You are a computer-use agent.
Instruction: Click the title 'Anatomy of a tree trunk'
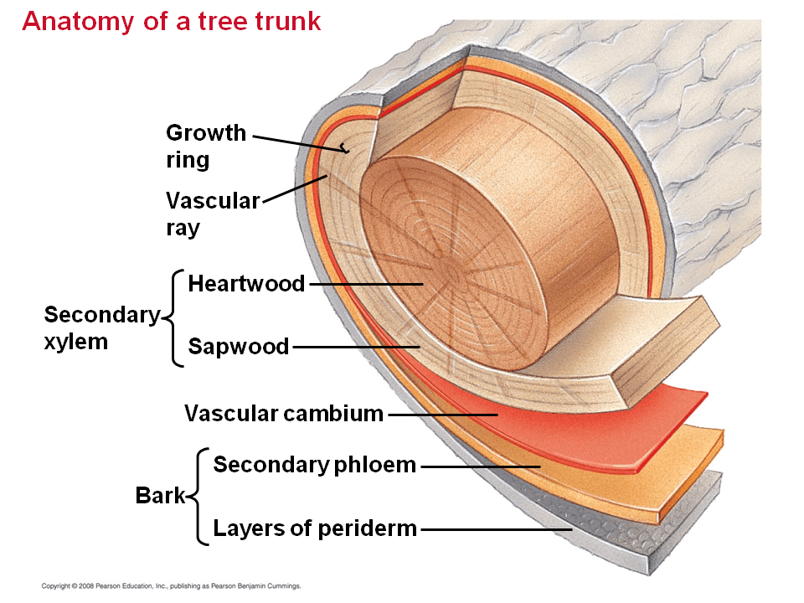click(x=172, y=21)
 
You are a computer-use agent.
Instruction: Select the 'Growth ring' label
click(x=206, y=146)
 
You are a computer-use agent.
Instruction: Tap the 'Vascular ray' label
click(x=213, y=214)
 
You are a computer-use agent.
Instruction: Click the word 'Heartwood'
click(x=246, y=284)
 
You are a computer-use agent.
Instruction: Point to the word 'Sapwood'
click(x=238, y=346)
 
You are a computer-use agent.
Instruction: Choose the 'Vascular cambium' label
click(x=283, y=414)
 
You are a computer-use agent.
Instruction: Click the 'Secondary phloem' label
click(x=314, y=465)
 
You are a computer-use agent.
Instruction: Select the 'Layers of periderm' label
click(x=314, y=528)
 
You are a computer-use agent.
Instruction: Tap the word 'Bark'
click(x=160, y=496)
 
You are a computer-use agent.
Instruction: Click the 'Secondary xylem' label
click(x=100, y=327)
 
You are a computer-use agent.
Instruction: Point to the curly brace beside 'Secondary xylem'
click(x=173, y=317)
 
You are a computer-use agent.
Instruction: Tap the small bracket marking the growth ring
click(x=344, y=149)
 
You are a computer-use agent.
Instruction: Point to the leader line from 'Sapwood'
click(x=355, y=347)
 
